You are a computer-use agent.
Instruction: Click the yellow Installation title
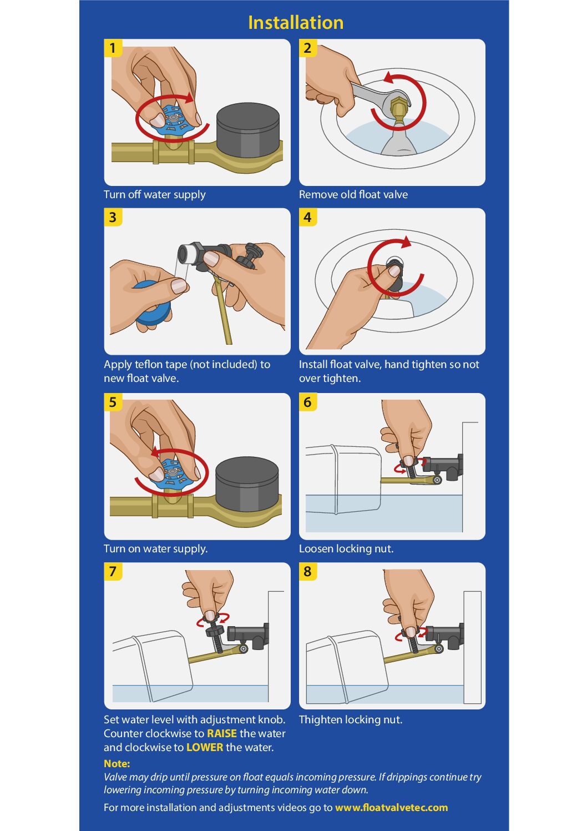click(296, 22)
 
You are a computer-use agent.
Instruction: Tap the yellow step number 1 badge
click(113, 48)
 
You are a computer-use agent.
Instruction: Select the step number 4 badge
click(308, 217)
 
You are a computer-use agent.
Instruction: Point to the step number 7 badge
click(113, 571)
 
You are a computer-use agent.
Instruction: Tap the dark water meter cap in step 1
click(248, 130)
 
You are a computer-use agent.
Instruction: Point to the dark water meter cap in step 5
click(247, 484)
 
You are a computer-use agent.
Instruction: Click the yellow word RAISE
click(222, 733)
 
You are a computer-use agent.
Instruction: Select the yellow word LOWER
click(205, 747)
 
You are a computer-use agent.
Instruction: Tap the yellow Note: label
click(117, 763)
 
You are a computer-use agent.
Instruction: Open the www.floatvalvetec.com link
click(391, 807)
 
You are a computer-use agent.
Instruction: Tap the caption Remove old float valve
click(353, 194)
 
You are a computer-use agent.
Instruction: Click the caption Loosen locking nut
click(346, 548)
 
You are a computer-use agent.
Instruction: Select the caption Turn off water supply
click(155, 195)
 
